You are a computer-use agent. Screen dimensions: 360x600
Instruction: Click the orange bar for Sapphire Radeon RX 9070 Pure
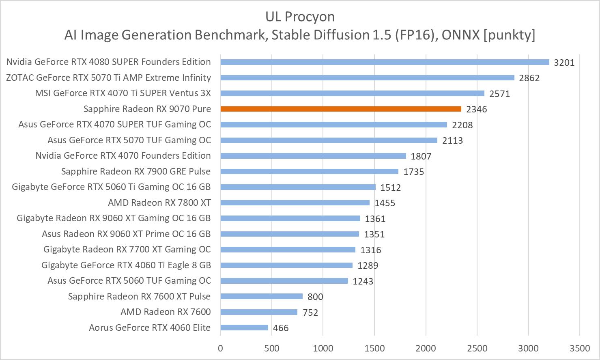point(341,109)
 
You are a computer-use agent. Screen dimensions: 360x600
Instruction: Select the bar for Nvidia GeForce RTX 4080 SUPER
point(385,62)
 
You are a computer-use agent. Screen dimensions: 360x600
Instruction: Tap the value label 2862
point(529,78)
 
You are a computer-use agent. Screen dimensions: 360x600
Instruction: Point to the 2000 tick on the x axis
point(426,348)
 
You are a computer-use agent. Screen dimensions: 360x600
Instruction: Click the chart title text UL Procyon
point(300,17)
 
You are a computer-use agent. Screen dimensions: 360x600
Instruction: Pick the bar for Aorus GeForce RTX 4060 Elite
point(244,328)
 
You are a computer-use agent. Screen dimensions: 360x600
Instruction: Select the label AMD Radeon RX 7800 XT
point(159,203)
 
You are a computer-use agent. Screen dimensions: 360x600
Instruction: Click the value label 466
point(281,328)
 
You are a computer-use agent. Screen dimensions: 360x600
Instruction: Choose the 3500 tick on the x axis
point(580,348)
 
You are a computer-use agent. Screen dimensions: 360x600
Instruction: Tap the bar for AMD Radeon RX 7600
point(259,312)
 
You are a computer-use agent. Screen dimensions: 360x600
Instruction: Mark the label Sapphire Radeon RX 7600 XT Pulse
point(139,296)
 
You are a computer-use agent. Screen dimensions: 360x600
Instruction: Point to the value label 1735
point(413,172)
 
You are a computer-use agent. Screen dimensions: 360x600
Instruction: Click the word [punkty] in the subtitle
point(509,35)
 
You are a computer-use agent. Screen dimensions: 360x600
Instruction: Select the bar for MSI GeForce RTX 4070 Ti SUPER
point(352,93)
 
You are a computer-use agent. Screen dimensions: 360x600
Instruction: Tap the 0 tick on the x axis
point(220,348)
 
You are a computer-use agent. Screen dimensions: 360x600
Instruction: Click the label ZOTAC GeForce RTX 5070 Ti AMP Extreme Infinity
point(108,78)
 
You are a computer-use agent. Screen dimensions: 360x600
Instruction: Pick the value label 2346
point(476,109)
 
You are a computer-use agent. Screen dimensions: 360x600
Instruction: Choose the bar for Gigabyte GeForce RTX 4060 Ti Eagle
point(286,265)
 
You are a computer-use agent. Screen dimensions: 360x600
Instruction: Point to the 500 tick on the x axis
point(271,348)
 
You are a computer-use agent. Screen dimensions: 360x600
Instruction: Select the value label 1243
point(363,281)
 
